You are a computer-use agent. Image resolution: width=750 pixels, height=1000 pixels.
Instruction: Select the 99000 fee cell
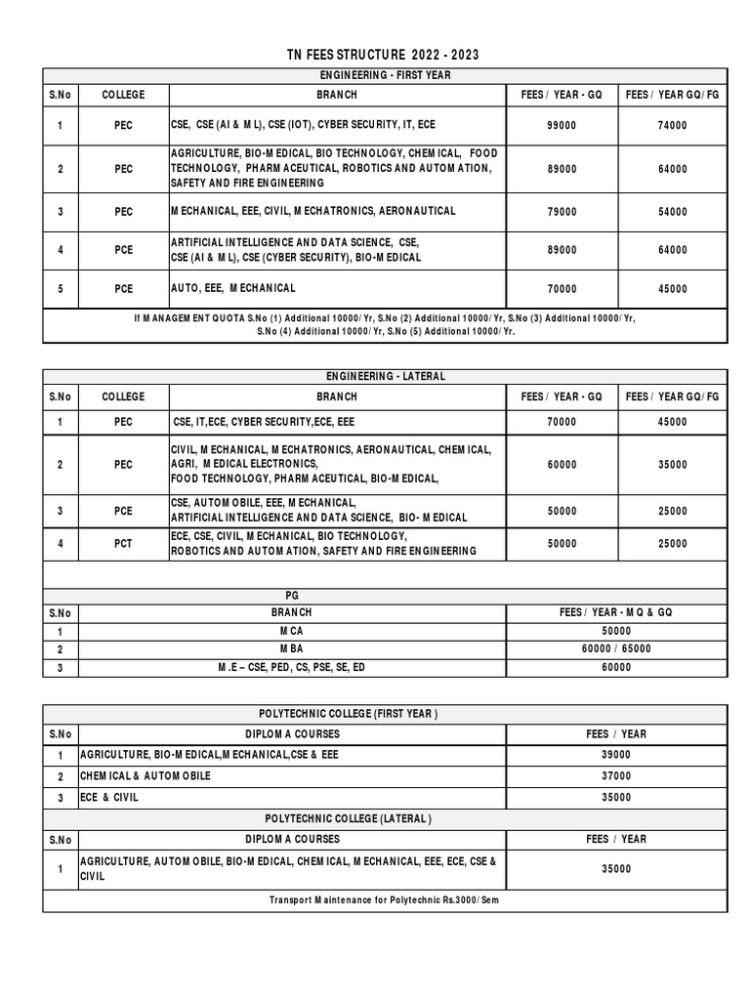[562, 125]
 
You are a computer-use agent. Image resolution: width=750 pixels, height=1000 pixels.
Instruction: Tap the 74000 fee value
[672, 125]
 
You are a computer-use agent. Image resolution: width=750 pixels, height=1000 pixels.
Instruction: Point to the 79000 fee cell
[562, 212]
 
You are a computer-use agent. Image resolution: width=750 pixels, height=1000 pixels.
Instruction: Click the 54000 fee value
[672, 212]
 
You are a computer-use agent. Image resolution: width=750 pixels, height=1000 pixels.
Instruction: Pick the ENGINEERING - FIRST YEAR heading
[384, 75]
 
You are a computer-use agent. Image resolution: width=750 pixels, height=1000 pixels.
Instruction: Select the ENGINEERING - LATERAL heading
[384, 376]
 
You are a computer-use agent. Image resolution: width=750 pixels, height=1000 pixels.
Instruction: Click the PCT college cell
[123, 544]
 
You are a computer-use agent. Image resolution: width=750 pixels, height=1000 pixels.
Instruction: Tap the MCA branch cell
[292, 632]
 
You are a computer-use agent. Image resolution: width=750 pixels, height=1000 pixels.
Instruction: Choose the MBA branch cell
[292, 649]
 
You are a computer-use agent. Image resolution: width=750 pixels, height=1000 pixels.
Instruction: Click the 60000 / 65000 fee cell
[616, 649]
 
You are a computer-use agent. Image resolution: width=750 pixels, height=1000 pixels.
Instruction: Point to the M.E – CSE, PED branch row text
[292, 667]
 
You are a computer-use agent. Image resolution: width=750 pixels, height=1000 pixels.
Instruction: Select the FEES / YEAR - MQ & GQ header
[616, 612]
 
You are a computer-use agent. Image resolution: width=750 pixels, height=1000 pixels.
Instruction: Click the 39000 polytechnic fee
[616, 755]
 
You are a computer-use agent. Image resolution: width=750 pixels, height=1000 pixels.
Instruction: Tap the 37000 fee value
[616, 776]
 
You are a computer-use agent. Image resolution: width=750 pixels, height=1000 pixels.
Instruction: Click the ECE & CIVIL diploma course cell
[113, 798]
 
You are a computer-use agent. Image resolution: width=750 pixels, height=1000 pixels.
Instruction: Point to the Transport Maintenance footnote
[384, 899]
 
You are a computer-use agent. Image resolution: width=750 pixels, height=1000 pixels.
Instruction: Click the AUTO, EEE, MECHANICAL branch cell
[233, 289]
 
